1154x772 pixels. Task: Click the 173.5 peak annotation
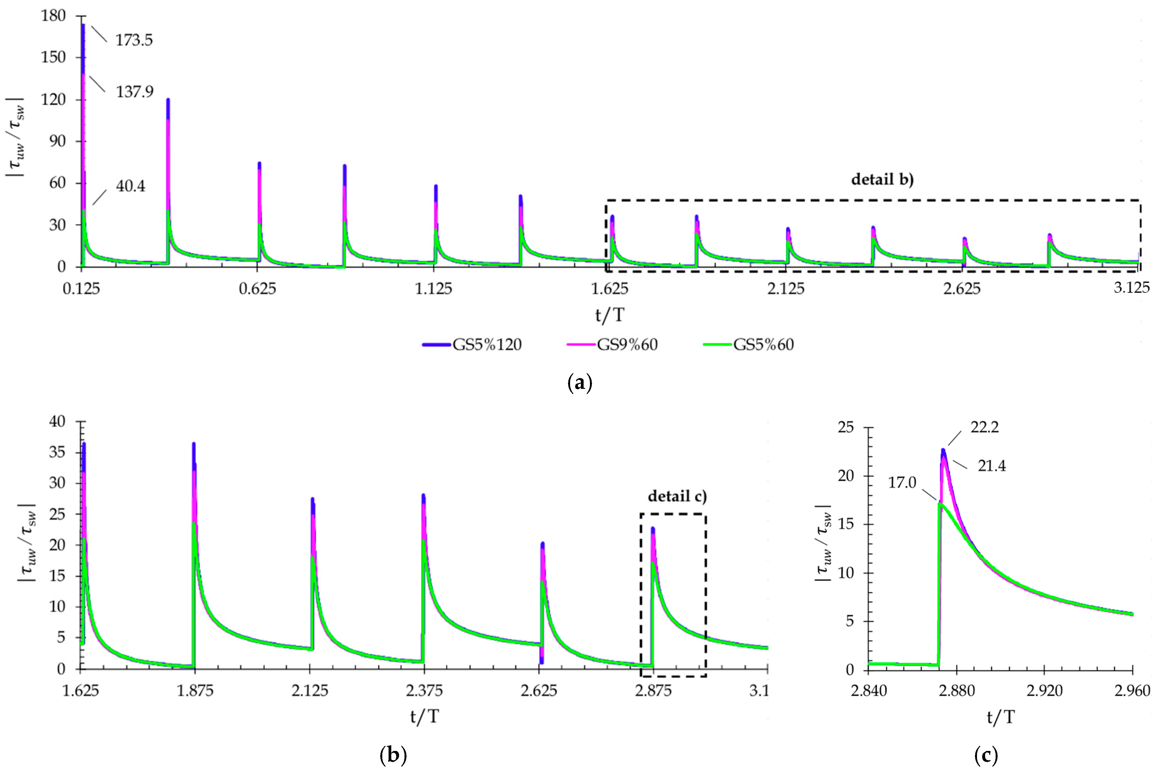[x=134, y=40]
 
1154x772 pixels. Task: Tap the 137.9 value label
[x=134, y=92]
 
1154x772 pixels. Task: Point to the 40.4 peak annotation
[x=130, y=186]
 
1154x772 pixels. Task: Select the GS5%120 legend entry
[x=487, y=345]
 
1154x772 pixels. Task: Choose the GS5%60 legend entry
[x=763, y=345]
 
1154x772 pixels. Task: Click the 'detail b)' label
[x=882, y=179]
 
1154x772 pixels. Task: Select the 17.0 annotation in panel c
[x=902, y=483]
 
